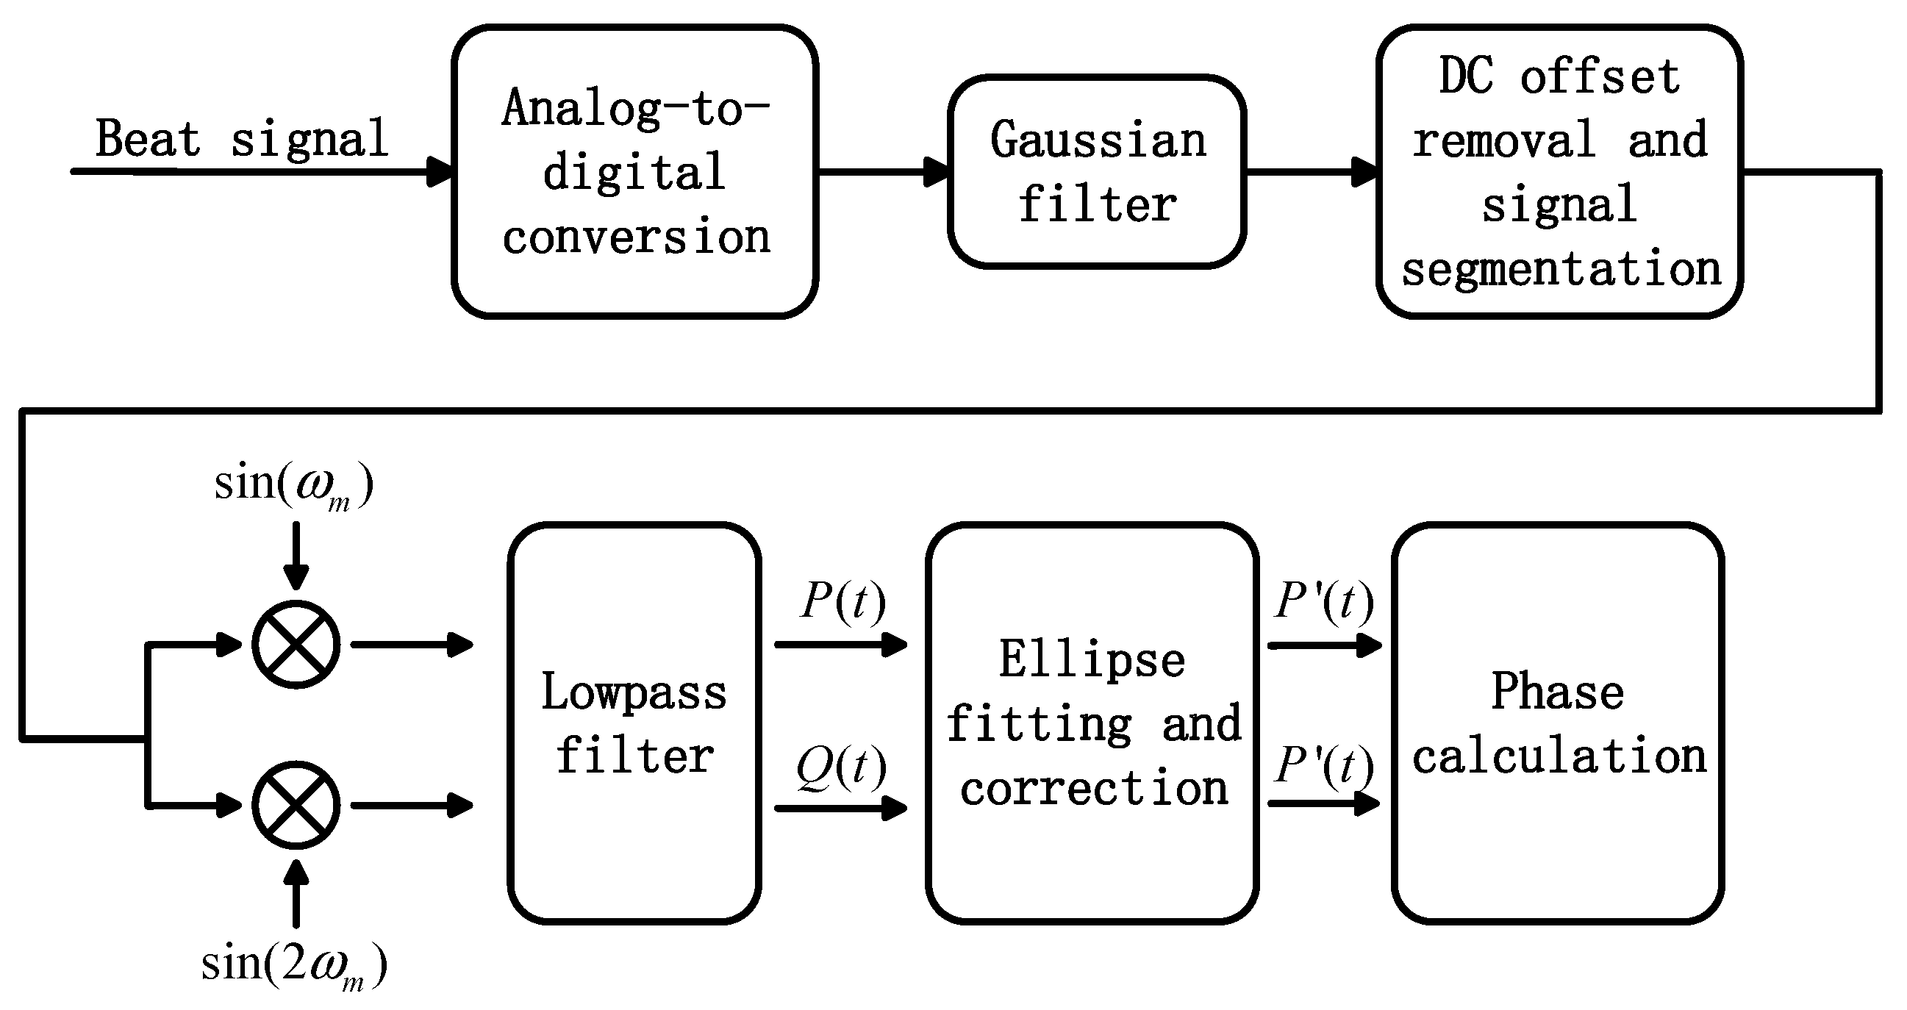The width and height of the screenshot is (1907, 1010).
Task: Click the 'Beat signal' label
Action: click(242, 138)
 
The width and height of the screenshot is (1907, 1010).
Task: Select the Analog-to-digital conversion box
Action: click(634, 171)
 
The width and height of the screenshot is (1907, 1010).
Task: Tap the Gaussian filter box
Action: click(1096, 171)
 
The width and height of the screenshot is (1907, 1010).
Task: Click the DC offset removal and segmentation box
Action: click(1559, 171)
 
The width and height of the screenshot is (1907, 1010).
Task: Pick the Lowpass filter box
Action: click(634, 723)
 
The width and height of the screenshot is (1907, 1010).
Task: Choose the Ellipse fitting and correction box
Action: click(1092, 723)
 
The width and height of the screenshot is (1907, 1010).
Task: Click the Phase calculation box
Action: click(1558, 723)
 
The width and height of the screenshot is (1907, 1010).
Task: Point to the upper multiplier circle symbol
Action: click(296, 644)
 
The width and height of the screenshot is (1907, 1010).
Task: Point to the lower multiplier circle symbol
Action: click(296, 805)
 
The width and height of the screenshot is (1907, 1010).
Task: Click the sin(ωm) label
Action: click(294, 484)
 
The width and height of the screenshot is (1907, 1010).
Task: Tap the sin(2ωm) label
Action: click(294, 964)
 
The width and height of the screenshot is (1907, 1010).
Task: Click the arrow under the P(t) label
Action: click(841, 644)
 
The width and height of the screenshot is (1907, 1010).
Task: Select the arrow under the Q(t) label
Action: click(841, 808)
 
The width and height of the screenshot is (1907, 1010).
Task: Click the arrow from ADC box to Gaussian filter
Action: click(882, 172)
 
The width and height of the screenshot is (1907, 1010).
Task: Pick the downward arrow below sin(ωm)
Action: click(296, 555)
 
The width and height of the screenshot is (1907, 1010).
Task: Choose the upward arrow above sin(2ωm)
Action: click(296, 892)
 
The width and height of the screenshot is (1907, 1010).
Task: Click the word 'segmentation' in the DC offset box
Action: click(1561, 269)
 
